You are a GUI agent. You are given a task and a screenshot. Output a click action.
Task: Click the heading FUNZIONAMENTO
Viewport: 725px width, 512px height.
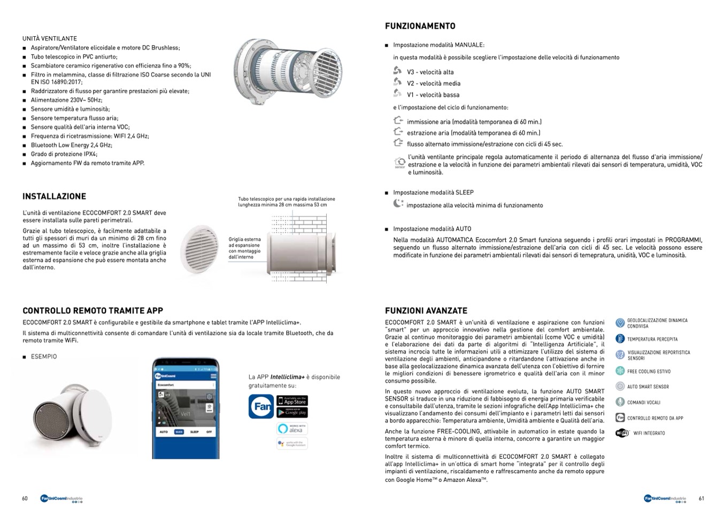point(420,26)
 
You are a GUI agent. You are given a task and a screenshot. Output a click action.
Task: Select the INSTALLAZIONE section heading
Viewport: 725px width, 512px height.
point(54,196)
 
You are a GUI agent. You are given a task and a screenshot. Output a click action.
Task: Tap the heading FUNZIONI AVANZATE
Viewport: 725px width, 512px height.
point(426,311)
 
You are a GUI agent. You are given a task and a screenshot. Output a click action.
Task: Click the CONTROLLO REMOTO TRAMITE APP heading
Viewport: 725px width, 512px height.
point(92,311)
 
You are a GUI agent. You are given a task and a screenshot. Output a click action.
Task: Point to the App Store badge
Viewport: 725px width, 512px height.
point(292,400)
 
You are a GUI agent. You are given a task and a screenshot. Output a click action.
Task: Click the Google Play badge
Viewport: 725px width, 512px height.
point(292,412)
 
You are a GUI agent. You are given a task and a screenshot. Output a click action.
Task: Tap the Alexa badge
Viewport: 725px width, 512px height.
point(292,428)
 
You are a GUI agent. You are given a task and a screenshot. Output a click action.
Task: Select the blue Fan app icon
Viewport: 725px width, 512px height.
point(261,406)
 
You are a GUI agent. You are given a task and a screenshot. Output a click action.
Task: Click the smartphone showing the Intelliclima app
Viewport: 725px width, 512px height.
point(186,408)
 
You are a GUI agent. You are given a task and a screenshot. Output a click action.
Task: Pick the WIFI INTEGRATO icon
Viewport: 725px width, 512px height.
point(621,433)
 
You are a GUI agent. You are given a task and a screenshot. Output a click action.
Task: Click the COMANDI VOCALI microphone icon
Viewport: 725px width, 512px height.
point(620,402)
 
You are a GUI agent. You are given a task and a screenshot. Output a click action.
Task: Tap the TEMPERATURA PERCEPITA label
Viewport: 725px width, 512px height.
point(652,340)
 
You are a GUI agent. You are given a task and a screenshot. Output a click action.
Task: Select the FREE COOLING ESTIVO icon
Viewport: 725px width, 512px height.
point(620,371)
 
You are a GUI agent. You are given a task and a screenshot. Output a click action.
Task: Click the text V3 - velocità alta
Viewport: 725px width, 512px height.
point(430,72)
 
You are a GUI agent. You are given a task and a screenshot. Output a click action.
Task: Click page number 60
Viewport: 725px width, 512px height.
point(25,499)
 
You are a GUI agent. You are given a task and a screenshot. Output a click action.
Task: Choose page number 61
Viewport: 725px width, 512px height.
point(701,499)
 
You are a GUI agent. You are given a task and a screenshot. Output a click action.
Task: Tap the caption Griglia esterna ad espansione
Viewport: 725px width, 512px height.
point(244,248)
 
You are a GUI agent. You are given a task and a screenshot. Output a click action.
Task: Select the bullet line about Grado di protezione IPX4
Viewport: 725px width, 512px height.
point(64,154)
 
